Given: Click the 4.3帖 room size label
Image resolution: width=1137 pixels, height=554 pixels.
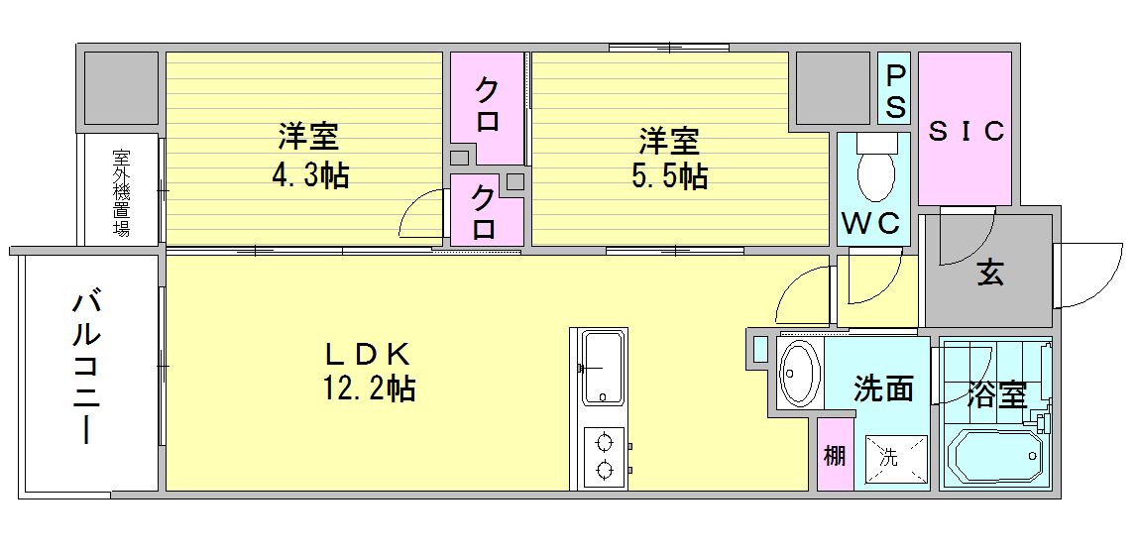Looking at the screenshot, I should click(310, 176).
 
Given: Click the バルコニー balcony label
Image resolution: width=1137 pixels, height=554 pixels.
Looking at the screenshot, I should click(86, 368).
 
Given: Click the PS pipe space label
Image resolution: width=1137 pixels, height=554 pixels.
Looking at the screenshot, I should click(894, 91).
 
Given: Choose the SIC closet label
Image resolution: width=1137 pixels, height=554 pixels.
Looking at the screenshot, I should click(966, 131).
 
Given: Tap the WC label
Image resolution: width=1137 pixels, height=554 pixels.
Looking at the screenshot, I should click(871, 224).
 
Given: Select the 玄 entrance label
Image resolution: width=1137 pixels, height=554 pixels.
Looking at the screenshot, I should click(989, 272).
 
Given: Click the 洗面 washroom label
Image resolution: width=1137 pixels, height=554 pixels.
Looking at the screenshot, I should click(883, 388).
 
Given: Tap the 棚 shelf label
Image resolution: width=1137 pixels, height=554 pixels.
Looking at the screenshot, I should click(835, 456).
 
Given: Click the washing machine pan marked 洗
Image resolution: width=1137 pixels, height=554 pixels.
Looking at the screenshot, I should click(890, 459).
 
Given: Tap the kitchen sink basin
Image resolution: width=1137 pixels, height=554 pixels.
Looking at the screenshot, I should click(603, 367).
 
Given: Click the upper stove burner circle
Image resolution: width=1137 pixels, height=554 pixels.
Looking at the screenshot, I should click(602, 441).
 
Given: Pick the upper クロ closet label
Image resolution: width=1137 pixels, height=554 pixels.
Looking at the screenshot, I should click(487, 107).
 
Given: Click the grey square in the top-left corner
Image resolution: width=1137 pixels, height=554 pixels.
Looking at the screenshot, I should click(121, 89).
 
